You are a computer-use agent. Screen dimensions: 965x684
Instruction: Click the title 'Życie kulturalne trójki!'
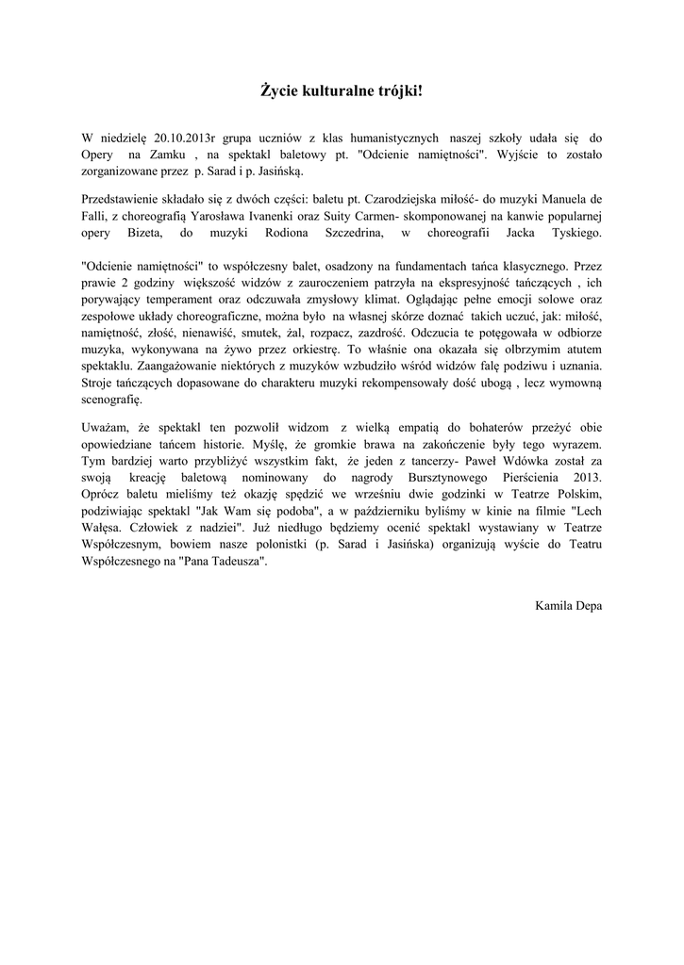pos(342,90)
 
